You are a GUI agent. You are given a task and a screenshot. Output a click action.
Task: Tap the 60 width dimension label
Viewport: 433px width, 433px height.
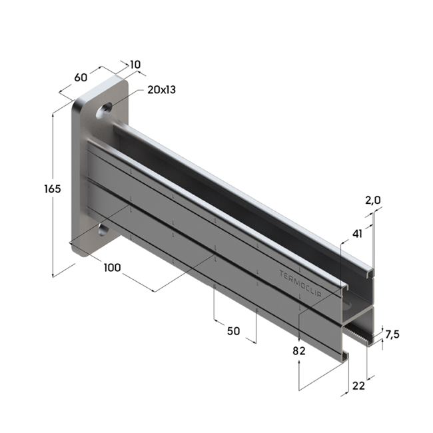(x=81, y=77)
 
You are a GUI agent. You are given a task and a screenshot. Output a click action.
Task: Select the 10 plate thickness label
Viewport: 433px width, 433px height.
(x=135, y=65)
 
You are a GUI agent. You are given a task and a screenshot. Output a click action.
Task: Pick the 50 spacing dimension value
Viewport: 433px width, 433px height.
(x=233, y=331)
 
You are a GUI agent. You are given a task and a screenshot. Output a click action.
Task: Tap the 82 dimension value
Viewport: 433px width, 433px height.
(x=298, y=350)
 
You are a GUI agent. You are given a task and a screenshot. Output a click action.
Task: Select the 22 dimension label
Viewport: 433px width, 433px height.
(x=358, y=386)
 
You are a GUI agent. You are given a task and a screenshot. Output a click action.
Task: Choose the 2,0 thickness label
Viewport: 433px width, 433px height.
(x=372, y=200)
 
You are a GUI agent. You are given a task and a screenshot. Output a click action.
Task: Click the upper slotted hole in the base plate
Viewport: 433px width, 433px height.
(x=105, y=109)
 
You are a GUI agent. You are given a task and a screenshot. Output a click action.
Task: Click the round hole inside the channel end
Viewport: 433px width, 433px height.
(x=351, y=304)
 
